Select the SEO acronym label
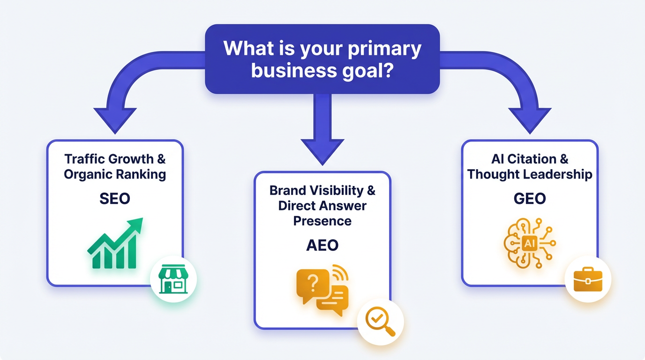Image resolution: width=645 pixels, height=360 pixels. tap(115, 198)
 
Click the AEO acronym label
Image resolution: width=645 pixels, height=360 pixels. tap(322, 245)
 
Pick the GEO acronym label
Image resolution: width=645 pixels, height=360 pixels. tap(530, 198)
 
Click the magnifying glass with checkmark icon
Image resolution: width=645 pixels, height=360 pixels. tap(380, 322)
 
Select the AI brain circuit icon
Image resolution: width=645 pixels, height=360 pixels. tap(529, 242)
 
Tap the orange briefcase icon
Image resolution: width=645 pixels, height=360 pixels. tap(588, 280)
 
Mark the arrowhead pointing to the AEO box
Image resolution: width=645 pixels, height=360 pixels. tap(322, 150)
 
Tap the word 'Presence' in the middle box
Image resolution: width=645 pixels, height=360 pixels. tap(322, 220)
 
